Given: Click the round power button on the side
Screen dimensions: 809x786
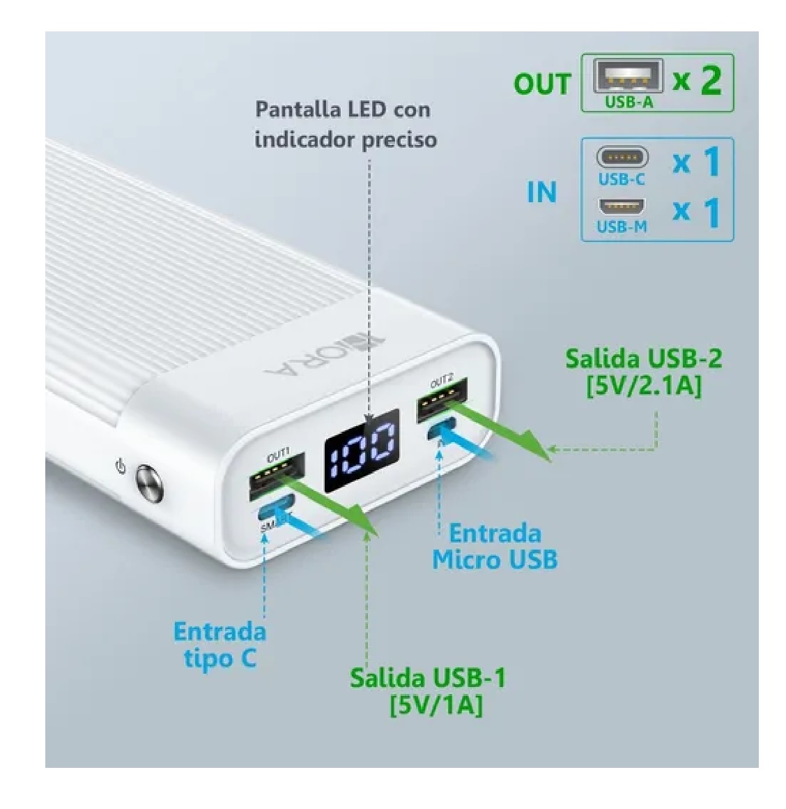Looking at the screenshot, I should [x=148, y=484].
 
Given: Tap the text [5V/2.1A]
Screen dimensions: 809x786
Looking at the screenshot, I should [x=643, y=386].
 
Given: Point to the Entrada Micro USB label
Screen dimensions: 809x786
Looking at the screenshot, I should [x=495, y=546].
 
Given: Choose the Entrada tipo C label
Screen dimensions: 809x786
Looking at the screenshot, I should [x=219, y=644].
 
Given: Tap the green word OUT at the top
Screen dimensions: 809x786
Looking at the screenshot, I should [x=541, y=84].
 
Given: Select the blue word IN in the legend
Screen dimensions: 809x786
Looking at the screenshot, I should [x=541, y=192].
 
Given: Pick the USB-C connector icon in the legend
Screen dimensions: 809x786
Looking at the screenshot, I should [x=622, y=157].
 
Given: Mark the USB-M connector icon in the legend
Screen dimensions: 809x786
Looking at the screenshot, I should [x=622, y=207].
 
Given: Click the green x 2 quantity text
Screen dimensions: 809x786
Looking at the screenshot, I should [x=697, y=80].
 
